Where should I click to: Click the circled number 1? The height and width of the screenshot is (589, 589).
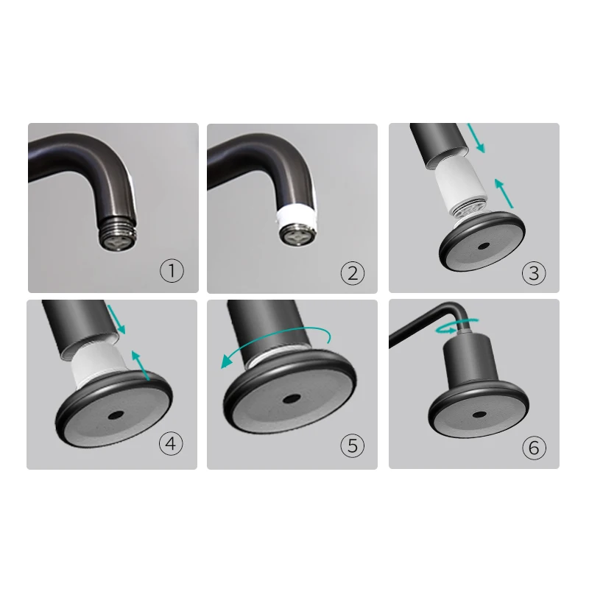pos(172,271)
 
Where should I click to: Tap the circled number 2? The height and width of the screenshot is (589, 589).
pos(352,272)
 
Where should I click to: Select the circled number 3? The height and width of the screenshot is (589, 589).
pos(534,272)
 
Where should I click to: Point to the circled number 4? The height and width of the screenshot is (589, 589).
pos(171,445)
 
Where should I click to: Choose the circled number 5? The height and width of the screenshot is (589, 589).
pos(352,445)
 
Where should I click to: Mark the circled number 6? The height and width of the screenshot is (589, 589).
pos(534,446)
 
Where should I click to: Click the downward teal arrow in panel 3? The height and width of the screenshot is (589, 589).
pos(478,140)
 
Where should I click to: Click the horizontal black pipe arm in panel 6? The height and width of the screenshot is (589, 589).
pos(420,325)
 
